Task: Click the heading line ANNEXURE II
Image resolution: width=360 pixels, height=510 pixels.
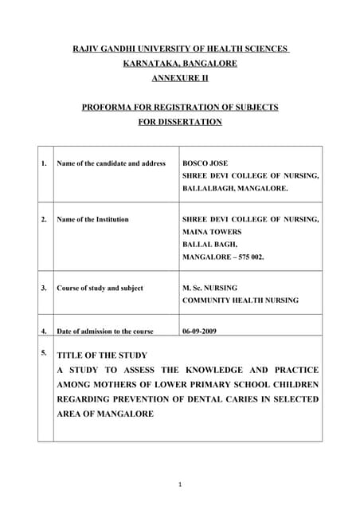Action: click(x=179, y=77)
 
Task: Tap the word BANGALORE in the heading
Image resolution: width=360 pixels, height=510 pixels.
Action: click(x=211, y=63)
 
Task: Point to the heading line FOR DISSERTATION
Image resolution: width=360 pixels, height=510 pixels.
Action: click(x=180, y=122)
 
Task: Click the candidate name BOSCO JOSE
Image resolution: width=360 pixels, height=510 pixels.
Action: click(x=205, y=163)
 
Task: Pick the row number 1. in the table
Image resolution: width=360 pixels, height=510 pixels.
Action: click(x=43, y=163)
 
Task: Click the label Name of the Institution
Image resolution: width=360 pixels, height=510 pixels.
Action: click(x=92, y=219)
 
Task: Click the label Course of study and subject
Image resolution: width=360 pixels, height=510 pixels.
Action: click(x=100, y=288)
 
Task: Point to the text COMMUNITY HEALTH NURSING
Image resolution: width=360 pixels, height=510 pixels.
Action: click(x=241, y=300)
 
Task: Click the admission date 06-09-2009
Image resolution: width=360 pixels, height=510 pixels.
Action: click(x=199, y=331)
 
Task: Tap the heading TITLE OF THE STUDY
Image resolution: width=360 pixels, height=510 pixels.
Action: click(x=102, y=355)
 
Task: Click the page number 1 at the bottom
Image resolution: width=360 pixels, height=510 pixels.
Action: click(x=180, y=484)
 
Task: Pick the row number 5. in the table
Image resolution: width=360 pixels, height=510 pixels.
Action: click(x=43, y=351)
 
